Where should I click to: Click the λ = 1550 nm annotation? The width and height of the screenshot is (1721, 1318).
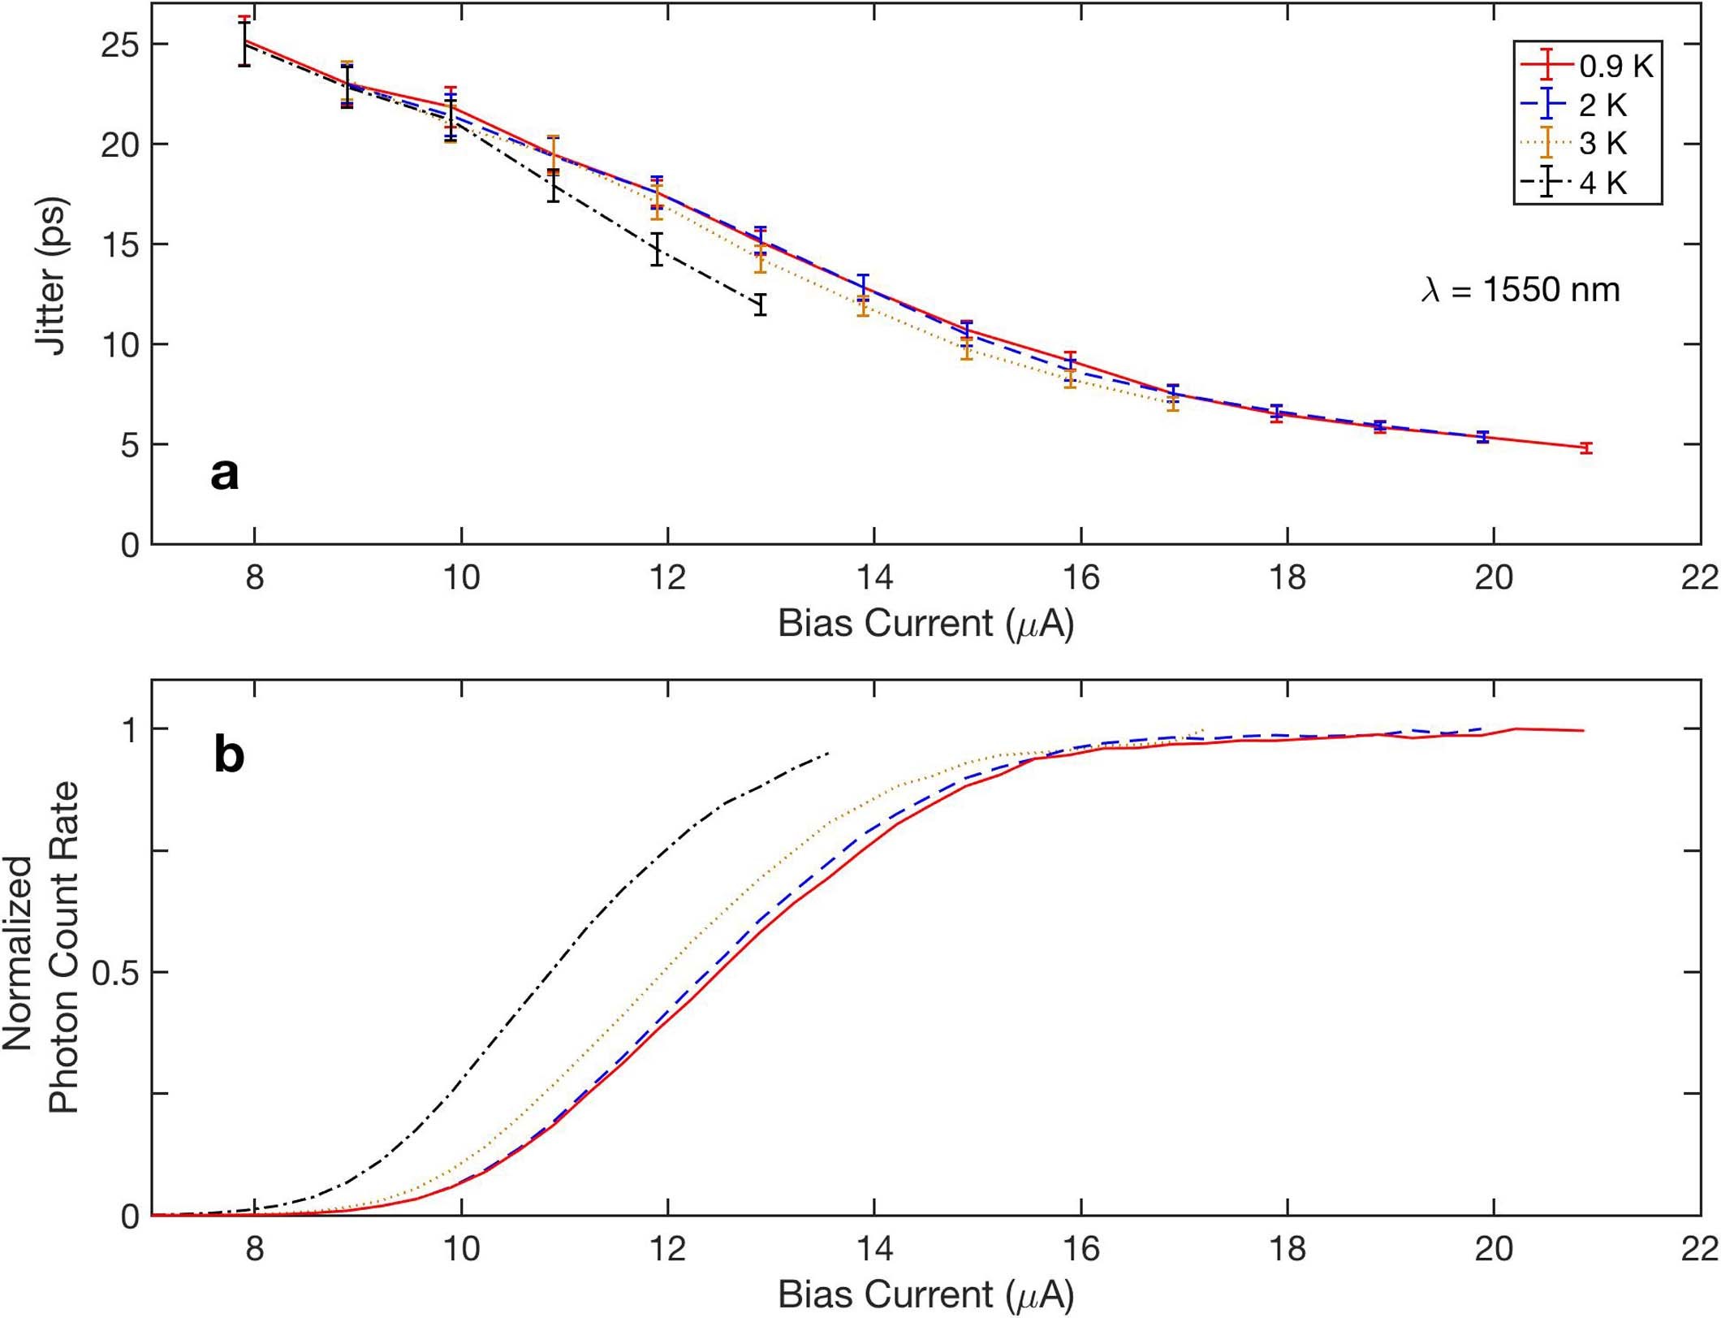(1520, 290)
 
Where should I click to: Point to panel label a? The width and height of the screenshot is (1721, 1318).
(224, 473)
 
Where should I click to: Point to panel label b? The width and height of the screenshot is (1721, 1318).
(229, 754)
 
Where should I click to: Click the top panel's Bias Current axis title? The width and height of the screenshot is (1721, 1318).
(925, 624)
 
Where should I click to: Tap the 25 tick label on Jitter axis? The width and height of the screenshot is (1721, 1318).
(119, 45)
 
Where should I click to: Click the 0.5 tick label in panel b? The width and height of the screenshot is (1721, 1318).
(116, 972)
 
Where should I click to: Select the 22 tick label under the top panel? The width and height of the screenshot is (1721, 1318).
(1699, 578)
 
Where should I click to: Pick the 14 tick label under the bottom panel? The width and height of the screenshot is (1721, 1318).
(874, 1249)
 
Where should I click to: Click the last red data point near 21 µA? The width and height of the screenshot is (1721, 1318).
(1585, 447)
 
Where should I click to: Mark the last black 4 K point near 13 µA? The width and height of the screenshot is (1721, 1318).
(760, 305)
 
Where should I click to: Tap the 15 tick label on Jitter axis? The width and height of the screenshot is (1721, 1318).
(119, 245)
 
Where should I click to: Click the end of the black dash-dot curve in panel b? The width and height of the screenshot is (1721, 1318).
(827, 753)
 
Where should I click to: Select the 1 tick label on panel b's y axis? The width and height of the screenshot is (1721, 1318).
(130, 730)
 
